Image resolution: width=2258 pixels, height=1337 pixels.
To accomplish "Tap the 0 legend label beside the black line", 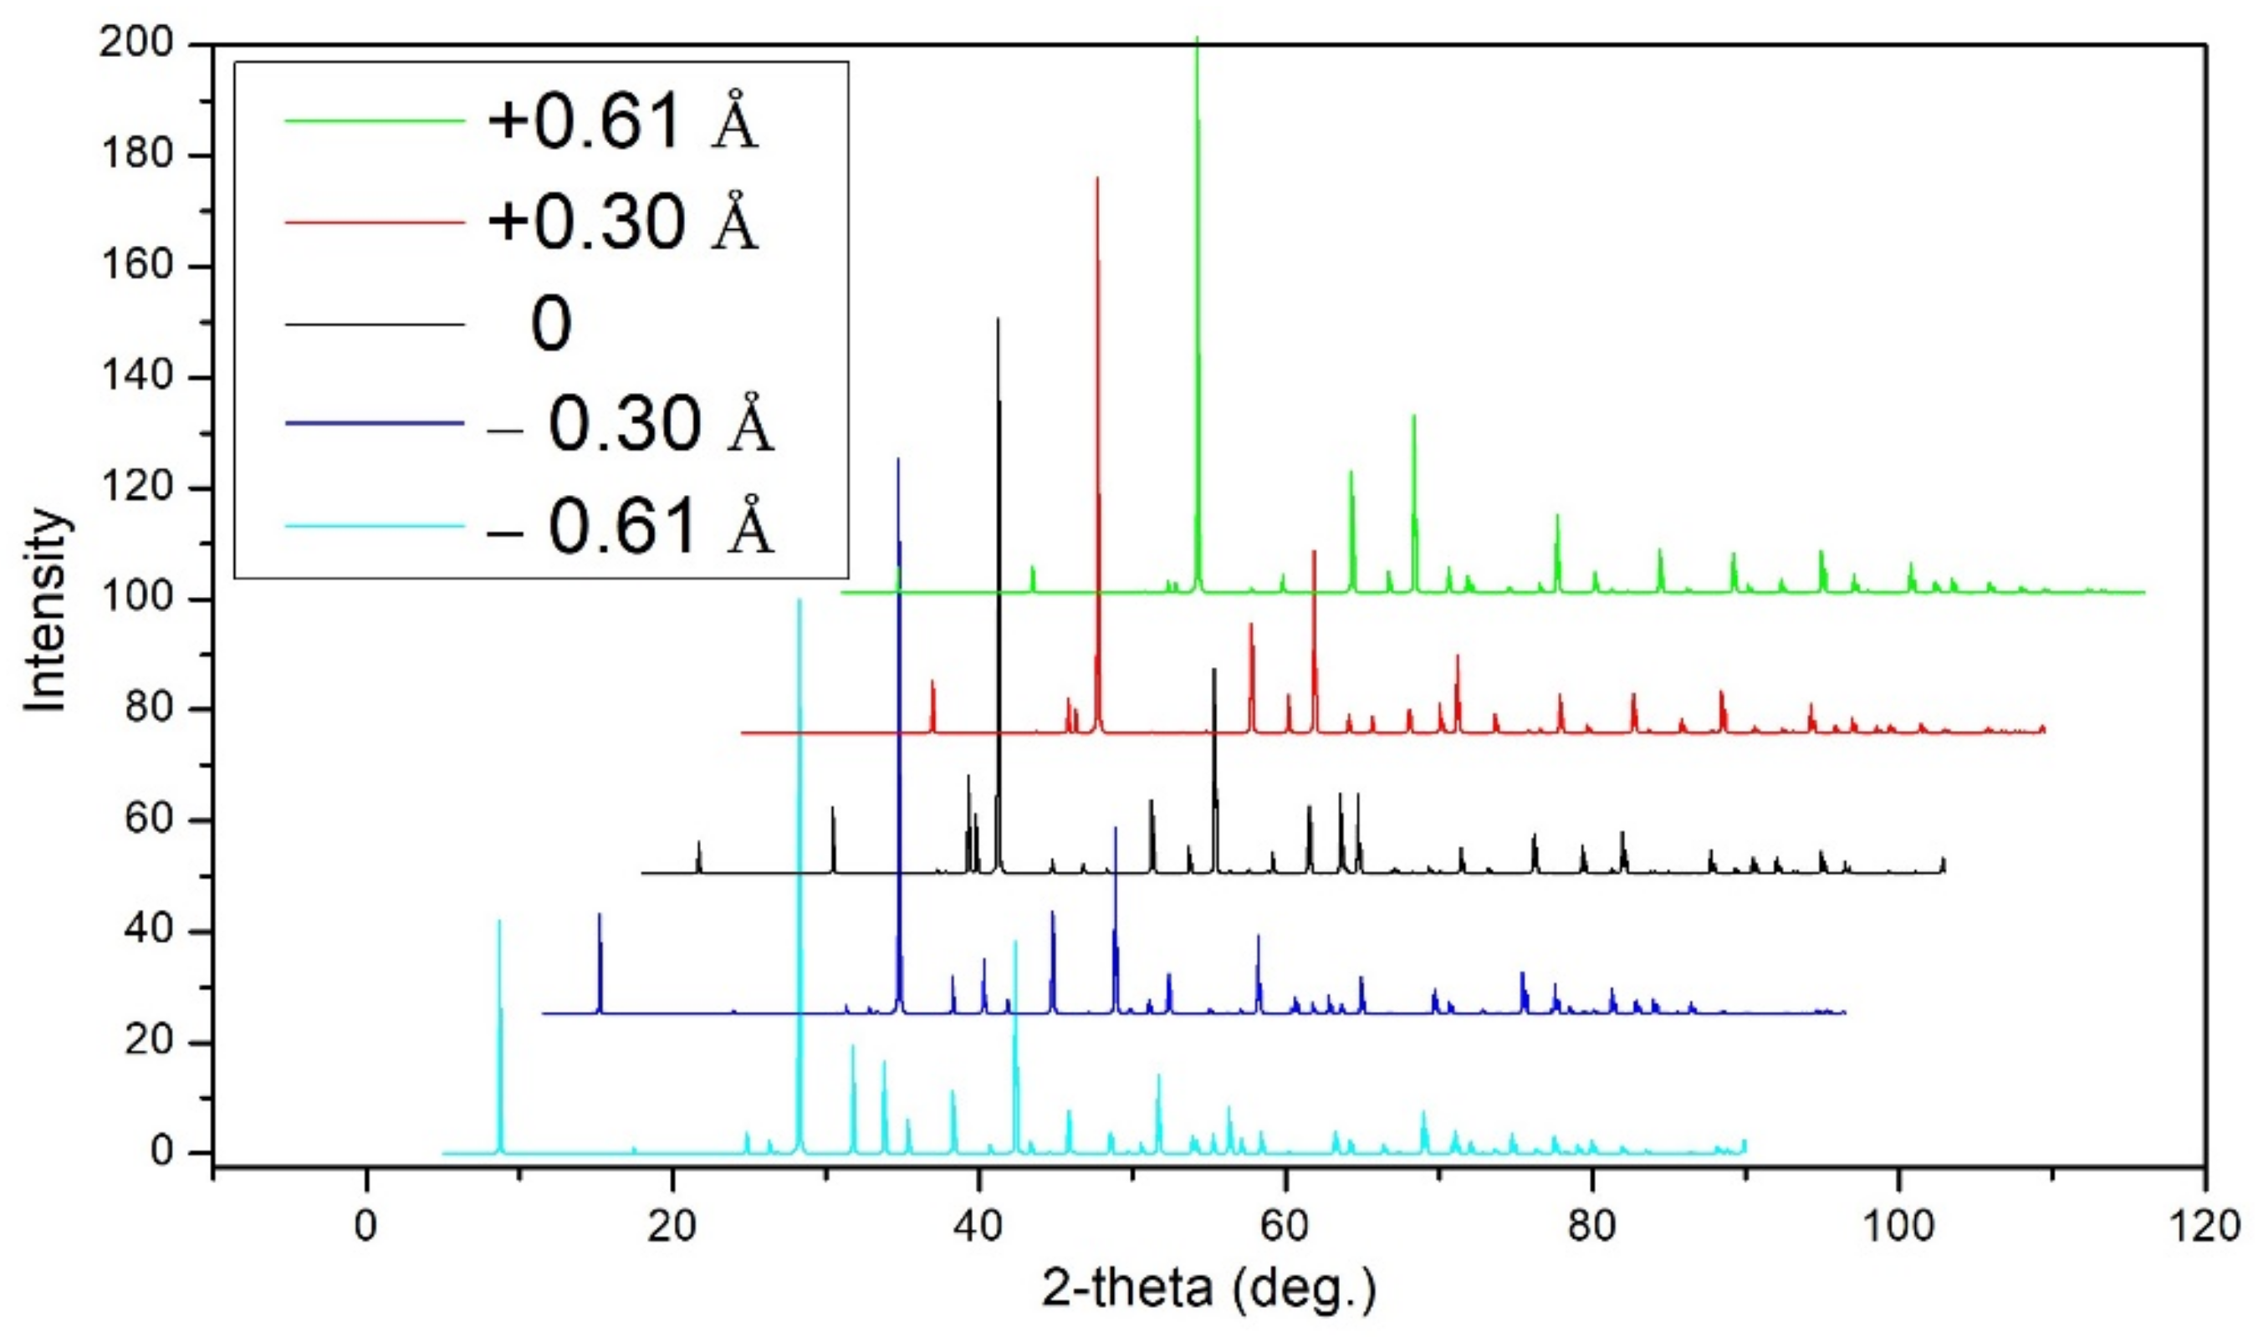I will point(550,324).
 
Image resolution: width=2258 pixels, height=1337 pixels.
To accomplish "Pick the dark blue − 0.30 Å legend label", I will point(629,423).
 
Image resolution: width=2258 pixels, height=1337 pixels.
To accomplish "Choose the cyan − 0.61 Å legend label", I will point(629,526).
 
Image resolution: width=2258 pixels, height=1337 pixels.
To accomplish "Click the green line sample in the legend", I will point(375,120).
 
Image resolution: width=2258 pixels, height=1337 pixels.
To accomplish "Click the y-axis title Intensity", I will point(45,610).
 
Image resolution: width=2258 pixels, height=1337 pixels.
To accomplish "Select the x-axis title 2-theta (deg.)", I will point(1209,1289).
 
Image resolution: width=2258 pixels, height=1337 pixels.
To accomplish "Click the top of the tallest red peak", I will point(1097,178).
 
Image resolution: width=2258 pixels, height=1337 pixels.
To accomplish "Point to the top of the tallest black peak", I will point(998,319).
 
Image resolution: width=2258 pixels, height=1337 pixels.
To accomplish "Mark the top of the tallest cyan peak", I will point(799,600).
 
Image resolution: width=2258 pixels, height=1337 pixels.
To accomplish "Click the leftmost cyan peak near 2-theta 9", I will point(499,921).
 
